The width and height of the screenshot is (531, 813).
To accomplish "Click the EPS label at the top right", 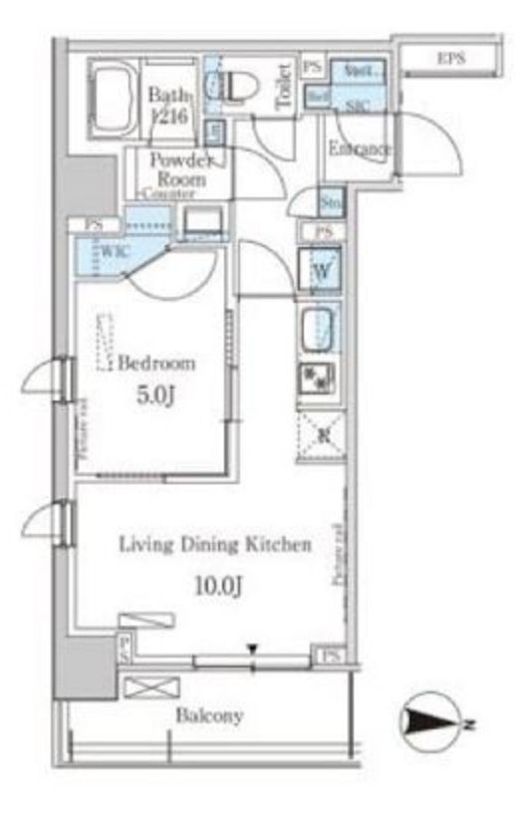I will pyautogui.click(x=451, y=60).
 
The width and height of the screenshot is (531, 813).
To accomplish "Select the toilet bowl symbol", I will pyautogui.click(x=232, y=86).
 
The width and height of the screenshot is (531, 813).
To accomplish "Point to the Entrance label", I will pyautogui.click(x=360, y=149).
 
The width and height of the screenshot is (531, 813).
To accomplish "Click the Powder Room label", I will pyautogui.click(x=180, y=169).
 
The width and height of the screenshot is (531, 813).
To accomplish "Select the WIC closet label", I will pyautogui.click(x=110, y=252).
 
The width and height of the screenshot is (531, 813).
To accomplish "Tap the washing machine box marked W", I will pyautogui.click(x=321, y=268).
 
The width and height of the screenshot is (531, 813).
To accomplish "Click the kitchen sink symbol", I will pyautogui.click(x=319, y=328).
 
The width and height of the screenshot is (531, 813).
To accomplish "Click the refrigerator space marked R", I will pyautogui.click(x=321, y=435).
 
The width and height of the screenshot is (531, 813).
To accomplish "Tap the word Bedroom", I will pyautogui.click(x=156, y=364).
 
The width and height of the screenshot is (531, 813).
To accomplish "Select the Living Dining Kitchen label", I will pyautogui.click(x=215, y=545).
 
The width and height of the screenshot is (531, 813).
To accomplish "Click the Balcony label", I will pyautogui.click(x=209, y=715).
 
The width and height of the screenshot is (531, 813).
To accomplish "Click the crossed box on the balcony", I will pyautogui.click(x=150, y=687).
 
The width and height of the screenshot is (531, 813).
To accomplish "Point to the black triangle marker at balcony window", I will pyautogui.click(x=254, y=650).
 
